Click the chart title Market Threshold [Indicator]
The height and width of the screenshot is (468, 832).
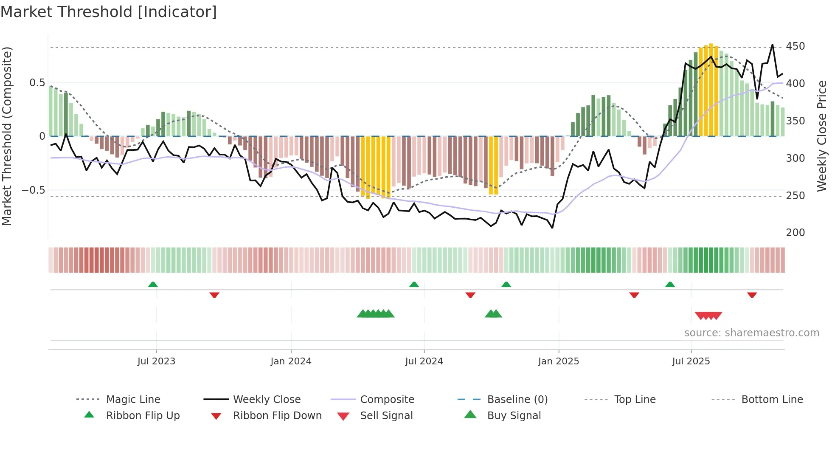coord(109,12)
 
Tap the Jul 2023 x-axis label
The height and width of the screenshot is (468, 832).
coord(156,361)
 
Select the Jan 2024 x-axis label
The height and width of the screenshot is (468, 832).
coord(291,361)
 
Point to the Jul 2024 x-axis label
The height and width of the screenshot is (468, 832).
coord(424,361)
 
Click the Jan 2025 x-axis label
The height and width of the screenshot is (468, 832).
coord(558,361)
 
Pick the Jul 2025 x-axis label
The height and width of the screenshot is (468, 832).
coord(691,361)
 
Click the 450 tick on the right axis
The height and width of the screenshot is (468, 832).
coord(795,46)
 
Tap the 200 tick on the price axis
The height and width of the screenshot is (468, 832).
coord(795,233)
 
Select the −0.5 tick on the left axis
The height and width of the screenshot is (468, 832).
coord(34,190)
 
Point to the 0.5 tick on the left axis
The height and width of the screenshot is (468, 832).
coord(37,83)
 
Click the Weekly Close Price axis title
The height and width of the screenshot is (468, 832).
coord(822,136)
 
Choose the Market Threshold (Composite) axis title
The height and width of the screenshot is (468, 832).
coord(7,136)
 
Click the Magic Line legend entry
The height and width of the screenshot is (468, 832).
coord(133,400)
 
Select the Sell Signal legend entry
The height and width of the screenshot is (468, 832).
coord(386,416)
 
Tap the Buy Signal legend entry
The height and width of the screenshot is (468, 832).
coord(514,416)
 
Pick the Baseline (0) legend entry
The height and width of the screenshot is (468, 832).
coord(517,400)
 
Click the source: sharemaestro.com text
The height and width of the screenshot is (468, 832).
coord(751,333)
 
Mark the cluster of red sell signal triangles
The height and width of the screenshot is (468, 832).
coord(708,316)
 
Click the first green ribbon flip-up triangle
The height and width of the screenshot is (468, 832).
coord(153,285)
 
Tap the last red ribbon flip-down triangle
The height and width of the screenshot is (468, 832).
coord(752,295)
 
